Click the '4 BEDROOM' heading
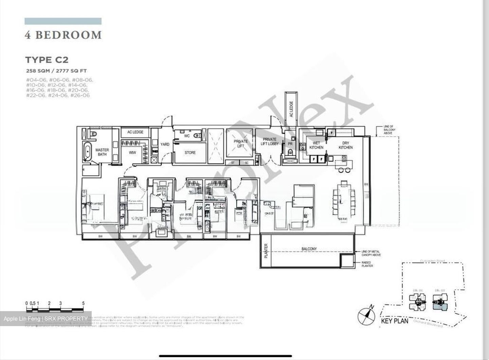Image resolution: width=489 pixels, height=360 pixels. pos(63,35)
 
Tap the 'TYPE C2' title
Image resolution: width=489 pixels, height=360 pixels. pos(47,60)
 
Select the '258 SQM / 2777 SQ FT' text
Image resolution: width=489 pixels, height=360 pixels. pos(56,71)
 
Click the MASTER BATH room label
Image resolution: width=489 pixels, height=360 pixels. pos(102,152)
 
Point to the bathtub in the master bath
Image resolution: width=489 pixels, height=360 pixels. pos(88,151)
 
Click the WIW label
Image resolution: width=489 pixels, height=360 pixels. pos(132,153)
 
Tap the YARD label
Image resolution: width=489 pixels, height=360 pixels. pos(165,144)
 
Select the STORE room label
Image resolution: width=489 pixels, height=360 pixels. pos(190,153)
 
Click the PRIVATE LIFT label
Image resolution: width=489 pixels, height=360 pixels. pos(240,144)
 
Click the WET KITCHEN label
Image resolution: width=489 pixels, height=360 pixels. pos(316,145)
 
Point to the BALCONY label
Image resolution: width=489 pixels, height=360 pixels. pos(309,249)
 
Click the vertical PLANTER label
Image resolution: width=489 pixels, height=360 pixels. pos(266,251)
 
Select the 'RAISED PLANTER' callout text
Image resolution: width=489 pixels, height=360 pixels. pos(367,264)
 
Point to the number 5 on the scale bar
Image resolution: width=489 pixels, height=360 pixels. pos(83,303)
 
